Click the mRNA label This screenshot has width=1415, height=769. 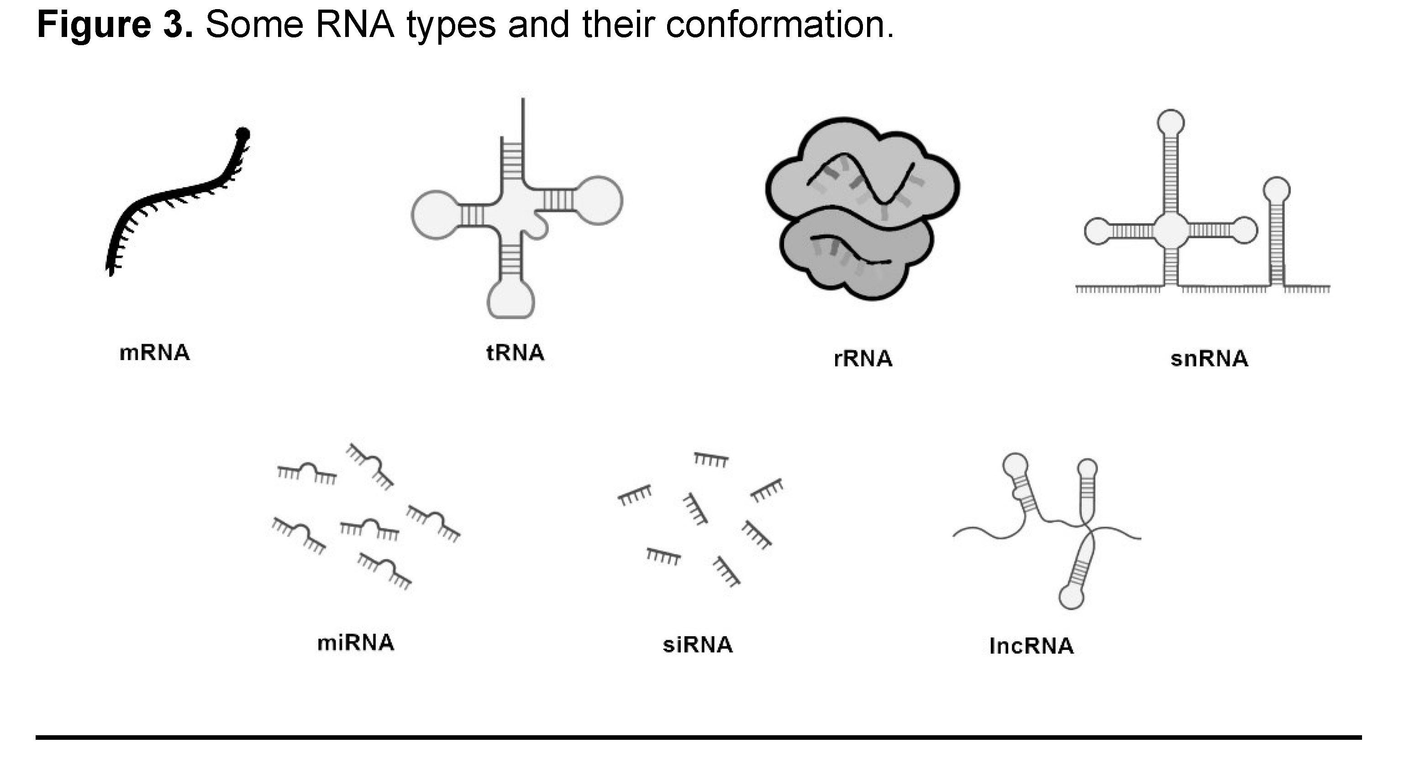[154, 352]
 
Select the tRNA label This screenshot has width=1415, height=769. [515, 352]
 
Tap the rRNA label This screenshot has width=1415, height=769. [863, 358]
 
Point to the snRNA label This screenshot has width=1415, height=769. [1209, 358]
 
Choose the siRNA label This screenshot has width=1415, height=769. [698, 644]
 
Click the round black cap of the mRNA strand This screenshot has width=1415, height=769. [242, 133]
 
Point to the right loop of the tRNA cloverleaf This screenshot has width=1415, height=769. [599, 200]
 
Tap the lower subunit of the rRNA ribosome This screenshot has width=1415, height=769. [857, 258]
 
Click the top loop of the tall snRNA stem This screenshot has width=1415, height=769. [1171, 122]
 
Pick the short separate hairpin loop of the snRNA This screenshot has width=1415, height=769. [1277, 190]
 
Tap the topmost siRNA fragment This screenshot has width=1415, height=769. [711, 459]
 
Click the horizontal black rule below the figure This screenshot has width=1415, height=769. [698, 737]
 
